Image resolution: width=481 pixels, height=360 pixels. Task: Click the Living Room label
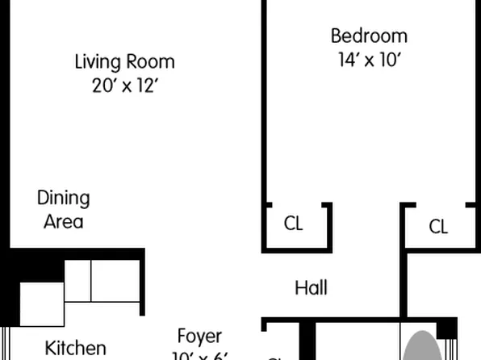tap(124, 61)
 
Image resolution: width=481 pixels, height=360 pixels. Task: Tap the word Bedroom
tap(369, 36)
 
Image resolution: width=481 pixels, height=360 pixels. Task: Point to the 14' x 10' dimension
tap(369, 61)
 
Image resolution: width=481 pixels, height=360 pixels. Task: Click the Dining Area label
tap(63, 209)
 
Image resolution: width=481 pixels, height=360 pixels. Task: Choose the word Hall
tap(311, 287)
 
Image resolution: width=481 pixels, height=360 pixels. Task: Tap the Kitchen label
tap(75, 349)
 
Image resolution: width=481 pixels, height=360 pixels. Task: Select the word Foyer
tap(199, 337)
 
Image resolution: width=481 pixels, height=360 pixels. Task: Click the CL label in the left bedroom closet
tap(293, 224)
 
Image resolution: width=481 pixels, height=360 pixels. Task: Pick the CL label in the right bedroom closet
tap(438, 227)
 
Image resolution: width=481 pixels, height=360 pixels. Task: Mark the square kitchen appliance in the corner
tap(41, 304)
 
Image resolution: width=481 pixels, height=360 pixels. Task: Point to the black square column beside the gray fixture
tap(445, 329)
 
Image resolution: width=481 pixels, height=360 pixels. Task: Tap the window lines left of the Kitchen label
tap(6, 344)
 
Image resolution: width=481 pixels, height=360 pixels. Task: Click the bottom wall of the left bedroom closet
tap(296, 247)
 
